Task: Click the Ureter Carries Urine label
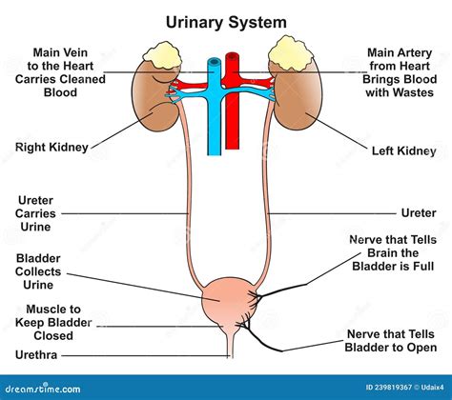(x=40, y=214)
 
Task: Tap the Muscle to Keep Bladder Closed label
(x=53, y=323)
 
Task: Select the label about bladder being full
(x=394, y=254)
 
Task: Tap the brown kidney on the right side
(x=298, y=100)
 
